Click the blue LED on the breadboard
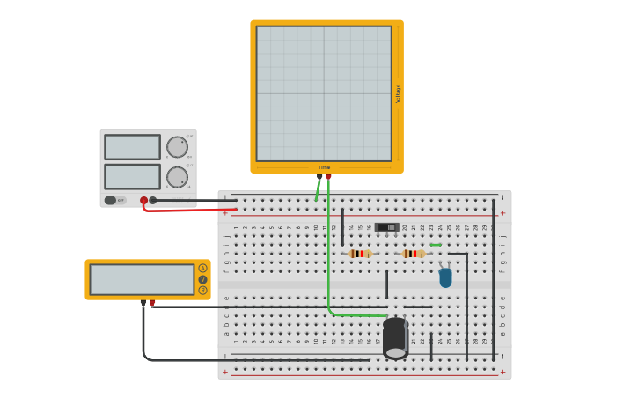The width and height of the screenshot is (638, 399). coord(445,277)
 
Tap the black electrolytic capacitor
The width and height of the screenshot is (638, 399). coord(396,338)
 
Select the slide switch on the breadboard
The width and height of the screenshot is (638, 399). coord(387,227)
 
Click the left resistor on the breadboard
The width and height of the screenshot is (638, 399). coord(360,254)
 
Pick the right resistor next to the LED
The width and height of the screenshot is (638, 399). coord(414,254)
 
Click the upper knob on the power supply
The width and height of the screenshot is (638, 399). coord(177,146)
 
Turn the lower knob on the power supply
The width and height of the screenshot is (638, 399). coord(177,177)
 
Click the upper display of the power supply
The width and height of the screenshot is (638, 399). coord(132,147)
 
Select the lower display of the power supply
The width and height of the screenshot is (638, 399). coord(132,176)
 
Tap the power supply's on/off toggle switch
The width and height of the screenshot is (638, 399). coord(111,200)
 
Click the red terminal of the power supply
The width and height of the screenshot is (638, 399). coord(144,200)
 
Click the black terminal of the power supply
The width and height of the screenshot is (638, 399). coord(153,200)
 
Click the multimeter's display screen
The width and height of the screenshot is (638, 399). coord(142,279)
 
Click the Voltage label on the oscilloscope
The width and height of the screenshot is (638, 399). coord(398,93)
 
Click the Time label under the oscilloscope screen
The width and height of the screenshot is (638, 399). coord(324,167)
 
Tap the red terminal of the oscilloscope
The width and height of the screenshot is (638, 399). coord(328,176)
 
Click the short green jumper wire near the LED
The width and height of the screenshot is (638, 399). coord(436,245)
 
